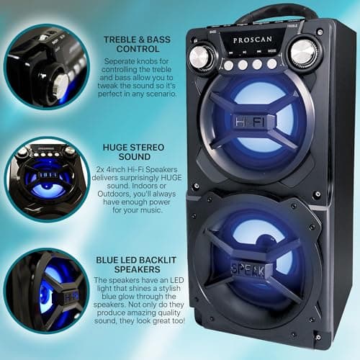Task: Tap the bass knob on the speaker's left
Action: pyautogui.click(x=202, y=55)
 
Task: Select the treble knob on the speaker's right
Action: pyautogui.click(x=303, y=52)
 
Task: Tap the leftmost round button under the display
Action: pyautogui.click(x=229, y=66)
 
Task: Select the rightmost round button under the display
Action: pyautogui.click(x=272, y=63)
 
